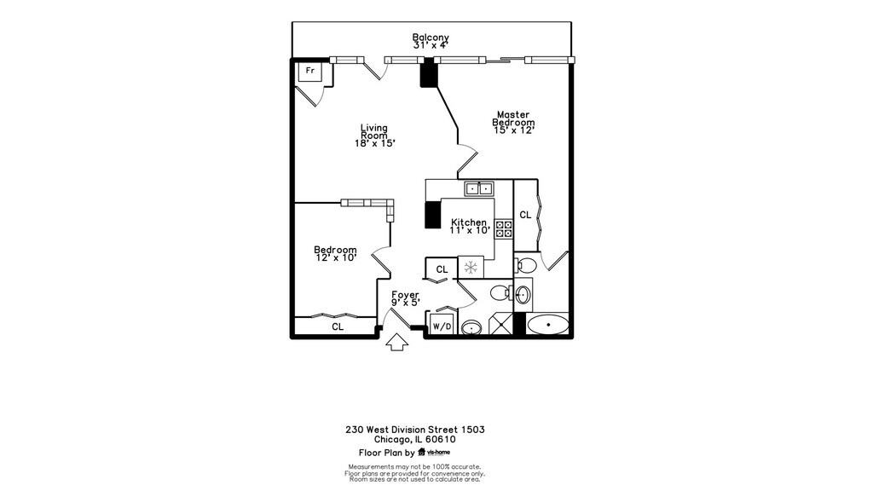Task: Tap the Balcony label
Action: pyautogui.click(x=431, y=38)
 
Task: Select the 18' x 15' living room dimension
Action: pyautogui.click(x=375, y=143)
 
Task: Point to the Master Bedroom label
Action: pyautogui.click(x=513, y=118)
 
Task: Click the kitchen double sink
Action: pyautogui.click(x=478, y=188)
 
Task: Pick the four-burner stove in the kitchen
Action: pyautogui.click(x=503, y=228)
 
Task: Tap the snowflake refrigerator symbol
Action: pyautogui.click(x=470, y=268)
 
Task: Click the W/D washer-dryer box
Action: pyautogui.click(x=442, y=326)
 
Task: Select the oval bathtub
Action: pyautogui.click(x=547, y=325)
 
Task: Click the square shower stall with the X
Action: pyautogui.click(x=504, y=325)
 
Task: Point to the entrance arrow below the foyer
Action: pyautogui.click(x=396, y=342)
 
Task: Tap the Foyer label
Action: pyautogui.click(x=405, y=295)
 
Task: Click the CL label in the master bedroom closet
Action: pyautogui.click(x=525, y=215)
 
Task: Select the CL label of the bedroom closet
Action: pyautogui.click(x=338, y=326)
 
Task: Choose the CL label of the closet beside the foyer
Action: pyautogui.click(x=442, y=269)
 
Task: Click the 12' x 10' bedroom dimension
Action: pyautogui.click(x=335, y=257)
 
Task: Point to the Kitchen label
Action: pyautogui.click(x=469, y=222)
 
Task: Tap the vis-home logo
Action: pyautogui.click(x=433, y=453)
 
